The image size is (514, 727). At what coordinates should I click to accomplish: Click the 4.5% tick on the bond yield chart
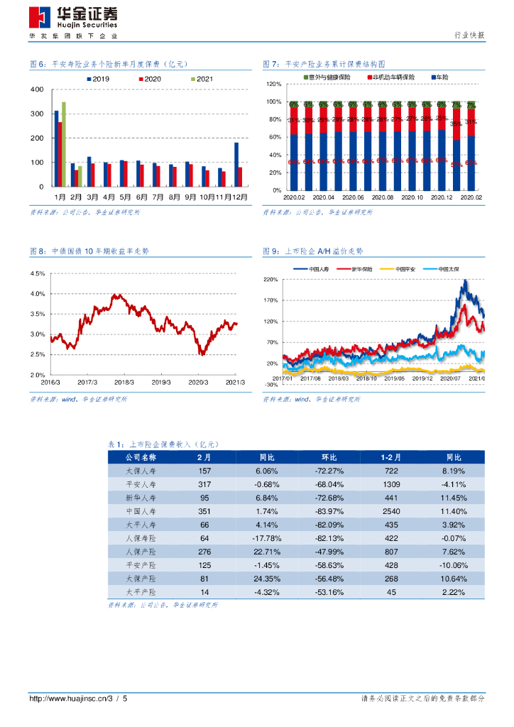[37, 273]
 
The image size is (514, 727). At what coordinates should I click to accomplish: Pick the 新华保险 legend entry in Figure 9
[359, 269]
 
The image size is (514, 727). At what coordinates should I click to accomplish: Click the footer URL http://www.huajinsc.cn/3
[71, 699]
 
